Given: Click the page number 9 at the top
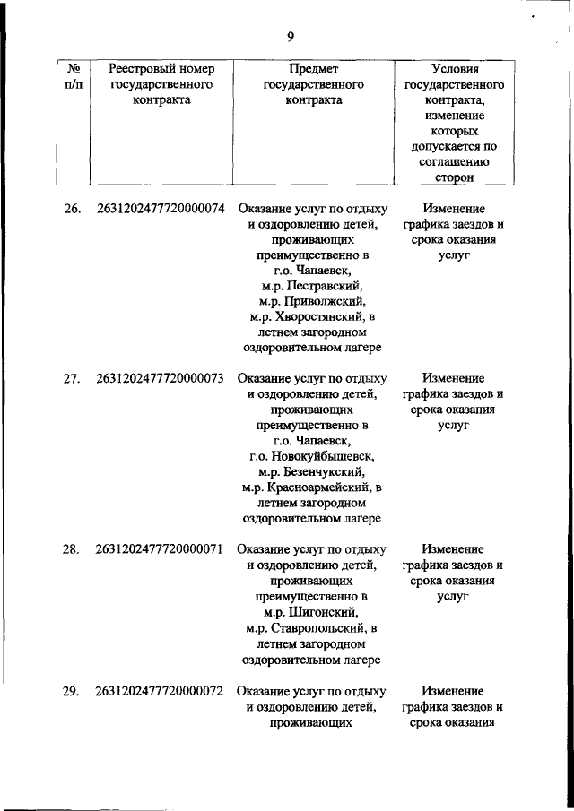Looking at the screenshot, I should click(x=290, y=37).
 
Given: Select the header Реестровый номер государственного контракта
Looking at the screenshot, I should click(x=160, y=84).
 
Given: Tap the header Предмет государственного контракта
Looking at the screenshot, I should click(x=313, y=84).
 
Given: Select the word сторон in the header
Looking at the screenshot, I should click(x=453, y=178).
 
